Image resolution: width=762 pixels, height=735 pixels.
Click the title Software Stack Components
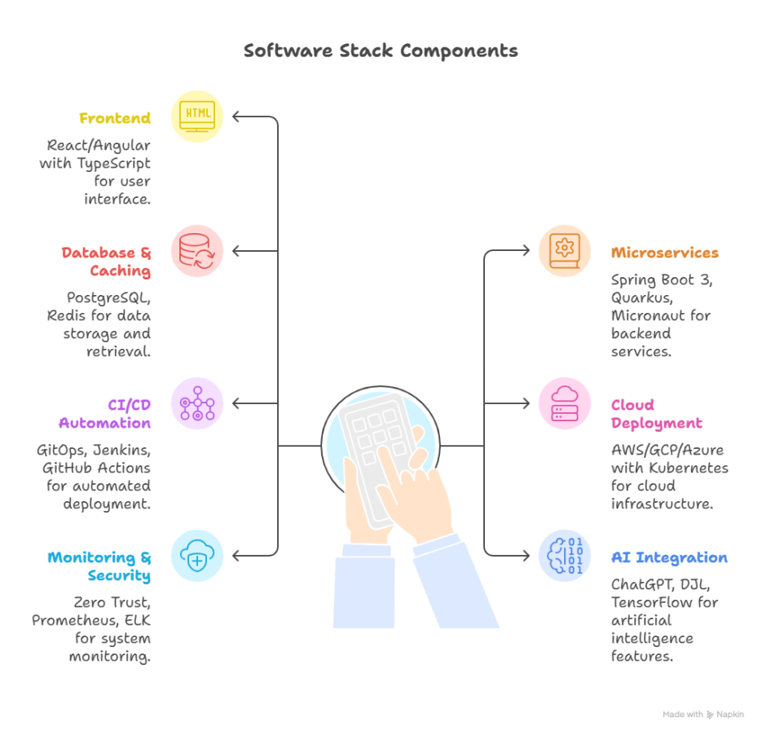pyautogui.click(x=381, y=51)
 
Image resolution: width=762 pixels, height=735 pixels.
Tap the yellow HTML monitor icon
pyautogui.click(x=197, y=116)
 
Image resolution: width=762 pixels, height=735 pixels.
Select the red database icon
pyautogui.click(x=197, y=250)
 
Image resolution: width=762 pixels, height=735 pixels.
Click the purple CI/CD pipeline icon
pyautogui.click(x=197, y=403)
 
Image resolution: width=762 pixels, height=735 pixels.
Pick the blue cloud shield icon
pyautogui.click(x=197, y=556)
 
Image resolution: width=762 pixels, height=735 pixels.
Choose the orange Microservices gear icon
pyautogui.click(x=565, y=250)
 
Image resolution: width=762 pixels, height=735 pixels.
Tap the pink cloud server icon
pyautogui.click(x=565, y=403)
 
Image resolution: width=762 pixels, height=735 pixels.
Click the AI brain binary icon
pyautogui.click(x=565, y=556)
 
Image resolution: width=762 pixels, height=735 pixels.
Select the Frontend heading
pyautogui.click(x=115, y=118)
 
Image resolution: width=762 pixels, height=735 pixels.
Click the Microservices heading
pyautogui.click(x=665, y=253)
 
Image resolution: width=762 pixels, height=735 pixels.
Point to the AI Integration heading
pyautogui.click(x=669, y=558)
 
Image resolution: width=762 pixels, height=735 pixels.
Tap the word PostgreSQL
pyautogui.click(x=108, y=297)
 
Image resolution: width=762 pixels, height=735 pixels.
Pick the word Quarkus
pyautogui.click(x=638, y=297)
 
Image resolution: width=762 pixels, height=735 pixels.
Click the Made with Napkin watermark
pyautogui.click(x=703, y=715)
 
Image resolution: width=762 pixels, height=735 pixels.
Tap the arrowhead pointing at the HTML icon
pyautogui.click(x=236, y=117)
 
